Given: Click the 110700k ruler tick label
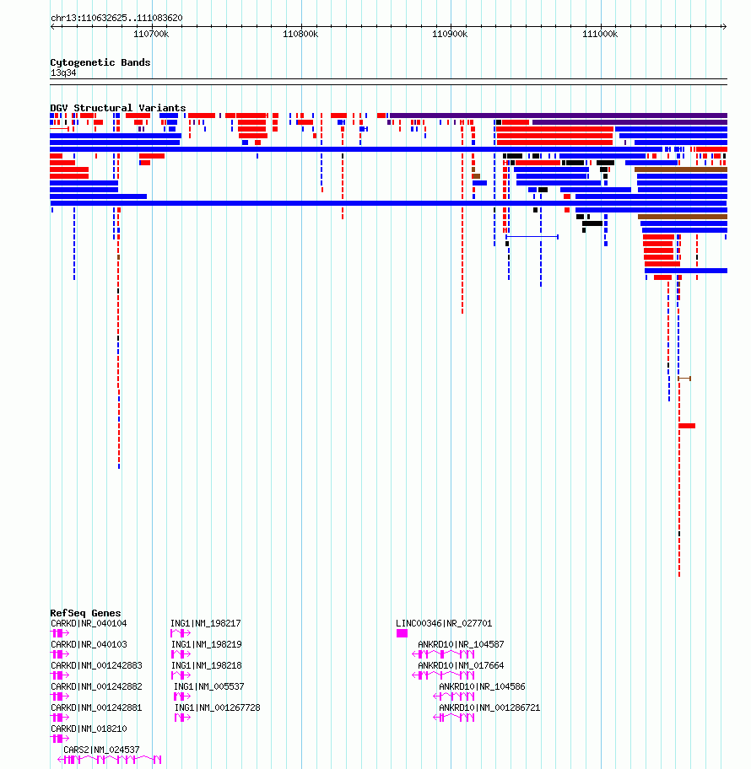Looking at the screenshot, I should [x=152, y=35].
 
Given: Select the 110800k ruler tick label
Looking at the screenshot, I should [x=301, y=35].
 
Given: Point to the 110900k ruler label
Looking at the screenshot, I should [x=450, y=35].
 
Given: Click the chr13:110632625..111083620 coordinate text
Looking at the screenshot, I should [x=116, y=18].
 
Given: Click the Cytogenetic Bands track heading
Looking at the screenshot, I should [x=100, y=62].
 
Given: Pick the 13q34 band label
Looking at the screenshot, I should [x=63, y=73].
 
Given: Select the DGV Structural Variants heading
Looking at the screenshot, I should [x=118, y=108].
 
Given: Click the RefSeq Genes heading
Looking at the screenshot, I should [x=85, y=613].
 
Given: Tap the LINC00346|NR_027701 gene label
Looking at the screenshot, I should [x=444, y=624].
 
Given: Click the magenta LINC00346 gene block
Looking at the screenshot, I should [x=402, y=633].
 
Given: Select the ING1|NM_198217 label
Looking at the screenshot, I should [x=206, y=624].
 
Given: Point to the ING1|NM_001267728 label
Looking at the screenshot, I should [x=217, y=707].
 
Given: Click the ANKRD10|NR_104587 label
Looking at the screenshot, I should [x=461, y=645].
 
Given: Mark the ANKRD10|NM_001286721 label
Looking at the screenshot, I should [x=489, y=707].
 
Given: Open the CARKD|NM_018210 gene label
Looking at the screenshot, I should [x=89, y=729].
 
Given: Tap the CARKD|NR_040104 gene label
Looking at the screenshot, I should [x=89, y=624].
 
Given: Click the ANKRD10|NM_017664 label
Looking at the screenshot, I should [x=461, y=666].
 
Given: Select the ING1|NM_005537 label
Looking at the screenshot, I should [x=208, y=687].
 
